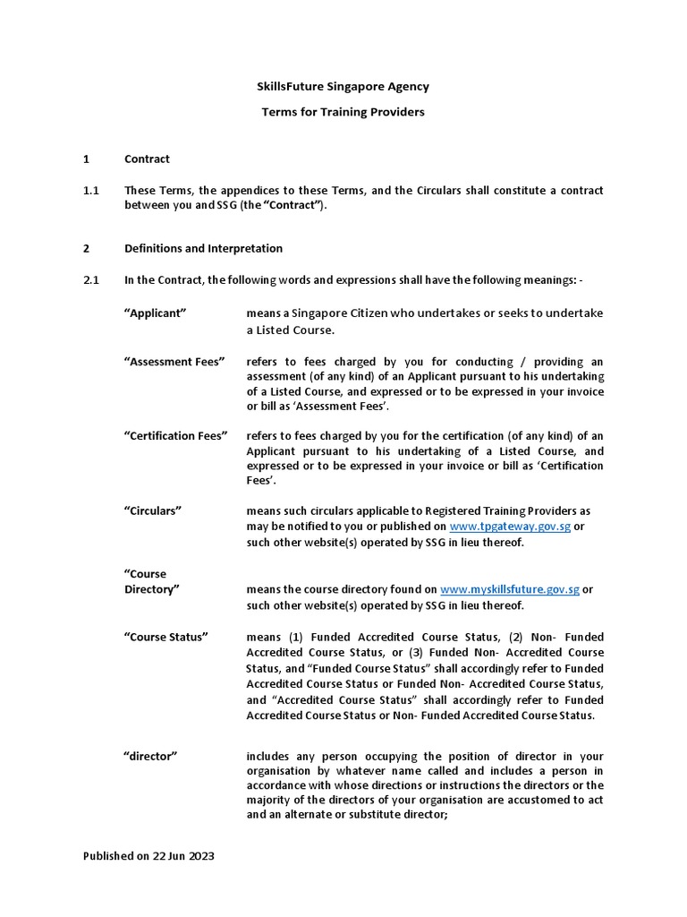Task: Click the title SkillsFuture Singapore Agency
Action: pyautogui.click(x=343, y=87)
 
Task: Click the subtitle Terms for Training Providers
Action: pyautogui.click(x=343, y=113)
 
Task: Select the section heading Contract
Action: pyautogui.click(x=147, y=159)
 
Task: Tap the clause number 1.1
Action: pyautogui.click(x=90, y=191)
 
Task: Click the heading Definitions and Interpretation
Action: pyautogui.click(x=203, y=248)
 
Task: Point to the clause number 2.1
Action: pyautogui.click(x=90, y=279)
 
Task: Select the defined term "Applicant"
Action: pyautogui.click(x=155, y=313)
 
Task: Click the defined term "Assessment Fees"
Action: pyautogui.click(x=174, y=362)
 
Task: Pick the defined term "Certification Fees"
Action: pyautogui.click(x=176, y=436)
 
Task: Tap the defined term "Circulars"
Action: pyautogui.click(x=153, y=510)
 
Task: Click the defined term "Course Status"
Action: pyautogui.click(x=166, y=637)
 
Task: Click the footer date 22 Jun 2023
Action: pyautogui.click(x=183, y=856)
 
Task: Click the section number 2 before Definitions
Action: pyautogui.click(x=86, y=248)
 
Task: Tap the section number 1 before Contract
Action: pyautogui.click(x=86, y=159)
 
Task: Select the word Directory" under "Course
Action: pyautogui.click(x=152, y=589)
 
